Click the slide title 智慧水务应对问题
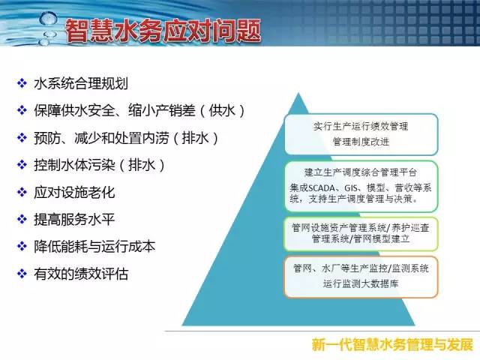pos(163,31)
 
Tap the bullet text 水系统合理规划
pos(81,83)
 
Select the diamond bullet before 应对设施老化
pos(22,192)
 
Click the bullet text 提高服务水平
pos(74,220)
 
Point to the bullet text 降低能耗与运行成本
pos(94,247)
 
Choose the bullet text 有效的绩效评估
pos(81,274)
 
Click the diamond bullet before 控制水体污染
pos(22,165)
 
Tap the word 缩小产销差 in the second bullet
pos(162,110)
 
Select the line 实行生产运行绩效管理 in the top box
pos(361,126)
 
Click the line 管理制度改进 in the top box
pos(361,142)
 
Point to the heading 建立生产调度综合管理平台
pos(361,172)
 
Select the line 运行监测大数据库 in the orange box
pos(361,283)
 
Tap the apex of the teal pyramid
pos(298,93)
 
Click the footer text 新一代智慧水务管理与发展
pos(392,345)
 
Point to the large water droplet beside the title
pos(48,18)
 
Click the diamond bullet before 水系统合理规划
pos(22,83)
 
